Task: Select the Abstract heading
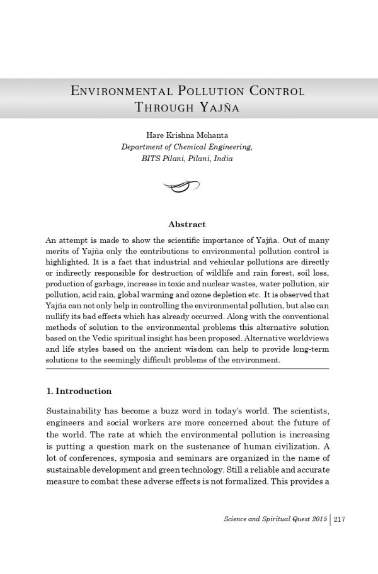click(187, 224)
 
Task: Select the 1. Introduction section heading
click(79, 391)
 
